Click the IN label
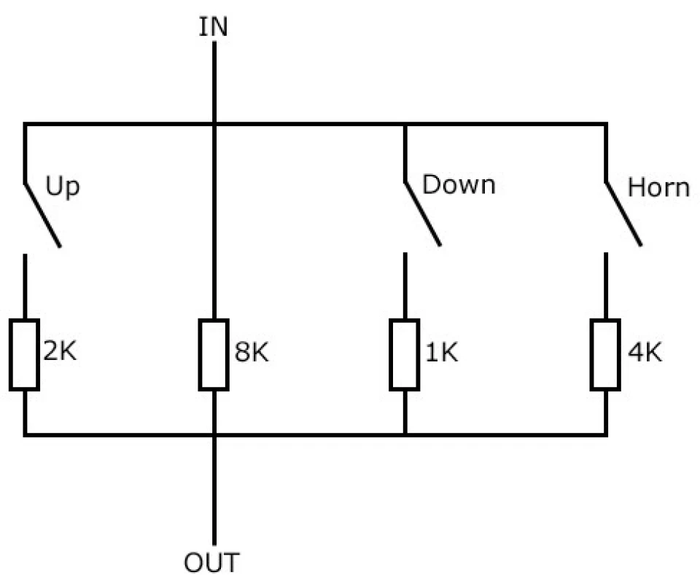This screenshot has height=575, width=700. (x=213, y=27)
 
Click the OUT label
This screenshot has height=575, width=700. (x=211, y=563)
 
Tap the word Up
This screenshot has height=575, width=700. (x=63, y=187)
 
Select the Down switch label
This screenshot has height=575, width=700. (x=459, y=184)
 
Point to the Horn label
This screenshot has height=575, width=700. (x=658, y=187)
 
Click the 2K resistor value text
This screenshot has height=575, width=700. (x=60, y=351)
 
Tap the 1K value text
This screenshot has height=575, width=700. (x=442, y=352)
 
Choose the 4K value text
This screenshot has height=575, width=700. (x=645, y=352)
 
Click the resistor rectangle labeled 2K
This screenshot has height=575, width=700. (x=25, y=355)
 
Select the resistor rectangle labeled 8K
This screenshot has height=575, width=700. (x=214, y=355)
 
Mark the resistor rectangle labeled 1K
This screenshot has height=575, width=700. (x=405, y=355)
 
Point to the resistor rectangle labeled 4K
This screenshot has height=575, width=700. (x=605, y=355)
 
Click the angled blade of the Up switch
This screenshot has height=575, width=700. (x=42, y=214)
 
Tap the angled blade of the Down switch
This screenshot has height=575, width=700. (x=422, y=214)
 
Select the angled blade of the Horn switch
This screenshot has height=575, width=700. (x=623, y=214)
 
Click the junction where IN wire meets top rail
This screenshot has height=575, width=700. (x=214, y=124)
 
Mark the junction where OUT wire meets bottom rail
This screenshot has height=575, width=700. (x=214, y=434)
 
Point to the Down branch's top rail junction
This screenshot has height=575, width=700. (x=405, y=124)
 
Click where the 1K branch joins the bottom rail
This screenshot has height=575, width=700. (x=405, y=434)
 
